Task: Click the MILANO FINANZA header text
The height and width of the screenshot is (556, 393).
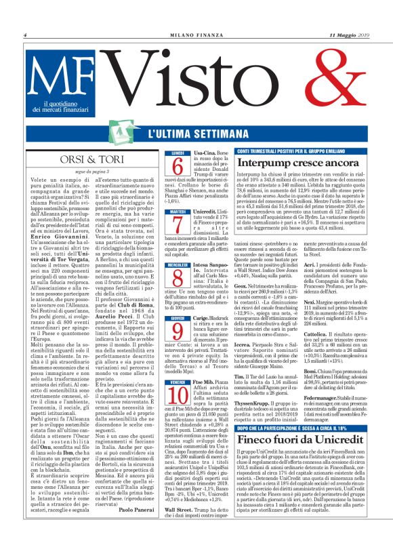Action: pyautogui.click(x=196, y=35)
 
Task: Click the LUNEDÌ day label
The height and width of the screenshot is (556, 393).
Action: pyautogui.click(x=177, y=153)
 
